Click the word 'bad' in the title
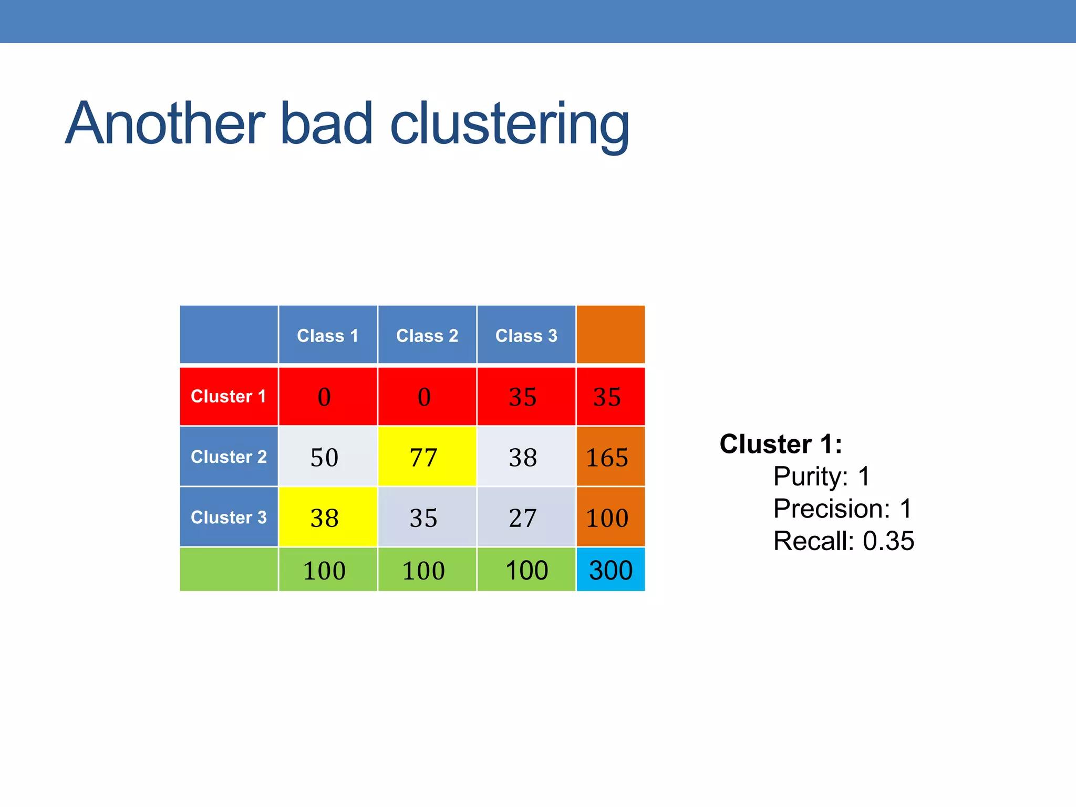326,124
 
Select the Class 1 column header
327,335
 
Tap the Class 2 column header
427,335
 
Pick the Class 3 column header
526,335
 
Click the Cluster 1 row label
229,396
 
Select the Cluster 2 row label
229,457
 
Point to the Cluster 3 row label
229,517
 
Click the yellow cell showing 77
427,457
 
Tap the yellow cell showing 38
327,517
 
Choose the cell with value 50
327,457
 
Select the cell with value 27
526,517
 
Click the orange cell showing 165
610,457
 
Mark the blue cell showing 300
610,570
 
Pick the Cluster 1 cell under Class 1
327,396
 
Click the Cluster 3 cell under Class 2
427,517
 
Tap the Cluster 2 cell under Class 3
526,457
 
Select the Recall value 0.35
888,541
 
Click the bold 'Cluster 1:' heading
780,444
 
